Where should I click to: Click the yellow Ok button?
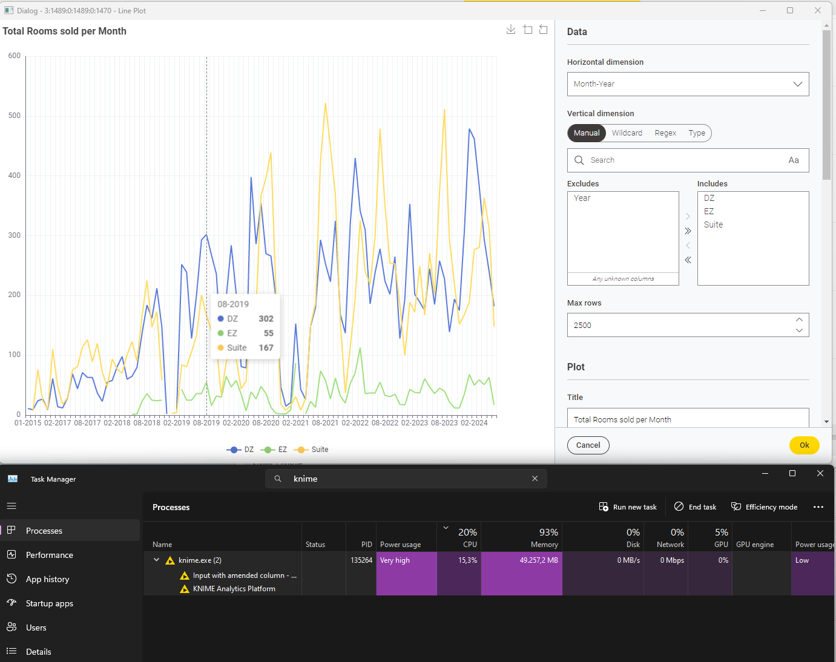pyautogui.click(x=804, y=445)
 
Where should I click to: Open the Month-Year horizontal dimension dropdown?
pyautogui.click(x=688, y=84)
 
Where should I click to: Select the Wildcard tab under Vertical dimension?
pyautogui.click(x=627, y=133)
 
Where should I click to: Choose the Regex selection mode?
pyautogui.click(x=665, y=133)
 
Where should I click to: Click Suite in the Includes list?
pyautogui.click(x=713, y=224)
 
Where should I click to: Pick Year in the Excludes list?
pyautogui.click(x=582, y=198)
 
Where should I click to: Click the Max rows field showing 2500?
pyautogui.click(x=678, y=325)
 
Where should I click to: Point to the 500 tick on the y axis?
pyautogui.click(x=15, y=116)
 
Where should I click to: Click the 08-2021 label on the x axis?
pyautogui.click(x=325, y=423)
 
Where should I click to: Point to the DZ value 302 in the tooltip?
pyautogui.click(x=266, y=319)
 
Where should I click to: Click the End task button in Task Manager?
pyautogui.click(x=696, y=507)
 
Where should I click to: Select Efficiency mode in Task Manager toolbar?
pyautogui.click(x=764, y=507)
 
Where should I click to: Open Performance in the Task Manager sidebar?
pyautogui.click(x=50, y=555)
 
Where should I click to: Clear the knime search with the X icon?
pyautogui.click(x=535, y=479)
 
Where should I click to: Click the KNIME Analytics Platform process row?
pyautogui.click(x=234, y=589)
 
